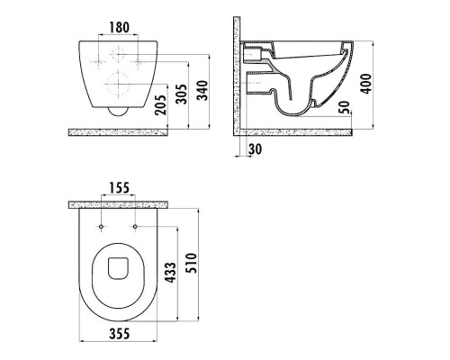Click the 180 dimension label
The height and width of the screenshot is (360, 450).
[119, 27]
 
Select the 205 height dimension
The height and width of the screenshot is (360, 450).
[160, 104]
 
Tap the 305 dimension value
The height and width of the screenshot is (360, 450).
[181, 94]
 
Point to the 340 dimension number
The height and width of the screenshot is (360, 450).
[202, 90]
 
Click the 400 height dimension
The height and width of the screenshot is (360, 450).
[365, 84]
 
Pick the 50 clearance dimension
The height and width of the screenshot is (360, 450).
[345, 107]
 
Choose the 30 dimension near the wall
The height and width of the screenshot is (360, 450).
[255, 149]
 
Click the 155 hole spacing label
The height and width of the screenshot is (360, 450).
[119, 188]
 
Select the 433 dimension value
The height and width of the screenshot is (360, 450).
[171, 273]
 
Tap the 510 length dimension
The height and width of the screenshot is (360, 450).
[192, 263]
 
